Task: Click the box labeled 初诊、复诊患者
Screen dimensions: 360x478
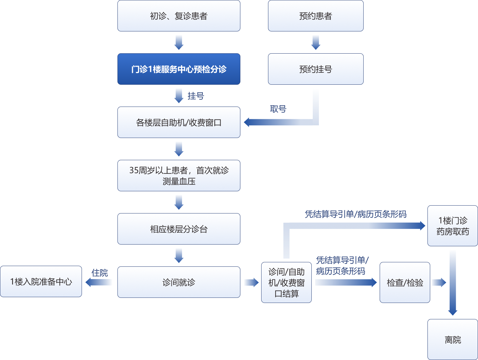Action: (x=179, y=16)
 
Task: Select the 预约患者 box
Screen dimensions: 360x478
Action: (x=315, y=16)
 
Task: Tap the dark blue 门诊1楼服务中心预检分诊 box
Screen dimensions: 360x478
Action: (x=179, y=69)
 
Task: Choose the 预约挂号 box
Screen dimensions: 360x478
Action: (x=315, y=69)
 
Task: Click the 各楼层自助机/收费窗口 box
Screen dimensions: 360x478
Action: (x=179, y=122)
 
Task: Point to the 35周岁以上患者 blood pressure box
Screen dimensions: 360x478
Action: (x=179, y=176)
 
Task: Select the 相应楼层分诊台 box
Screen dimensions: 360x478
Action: (x=179, y=229)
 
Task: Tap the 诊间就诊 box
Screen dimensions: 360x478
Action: (x=179, y=282)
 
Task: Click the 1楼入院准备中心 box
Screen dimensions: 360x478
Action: (x=41, y=281)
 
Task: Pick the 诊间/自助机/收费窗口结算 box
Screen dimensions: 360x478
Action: (x=286, y=282)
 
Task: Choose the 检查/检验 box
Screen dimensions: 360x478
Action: (x=405, y=282)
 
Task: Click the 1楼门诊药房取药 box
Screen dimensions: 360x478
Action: (x=452, y=226)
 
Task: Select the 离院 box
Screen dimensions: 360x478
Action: (x=452, y=340)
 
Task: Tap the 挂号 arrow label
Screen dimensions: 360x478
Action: (x=196, y=96)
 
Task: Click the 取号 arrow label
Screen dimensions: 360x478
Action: (x=278, y=109)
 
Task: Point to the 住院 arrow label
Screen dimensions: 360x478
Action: (x=100, y=273)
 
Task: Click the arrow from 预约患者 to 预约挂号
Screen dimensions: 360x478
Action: (x=315, y=42)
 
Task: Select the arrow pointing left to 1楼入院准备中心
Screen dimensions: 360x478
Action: (x=99, y=282)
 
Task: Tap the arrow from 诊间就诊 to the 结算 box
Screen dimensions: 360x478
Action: (x=251, y=282)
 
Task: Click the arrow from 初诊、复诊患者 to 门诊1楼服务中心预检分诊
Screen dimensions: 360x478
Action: (x=179, y=42)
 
